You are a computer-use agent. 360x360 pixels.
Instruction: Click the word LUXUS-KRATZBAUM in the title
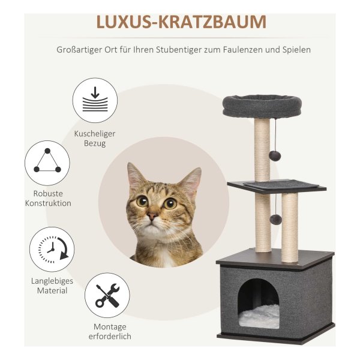pos(181,22)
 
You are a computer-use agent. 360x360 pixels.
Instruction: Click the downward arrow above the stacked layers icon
pos(95,92)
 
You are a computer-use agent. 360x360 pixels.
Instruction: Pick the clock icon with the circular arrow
pos(53,250)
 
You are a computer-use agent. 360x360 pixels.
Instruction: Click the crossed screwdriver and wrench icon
pos(107,295)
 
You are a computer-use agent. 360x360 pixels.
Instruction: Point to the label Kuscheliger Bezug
pos(95,139)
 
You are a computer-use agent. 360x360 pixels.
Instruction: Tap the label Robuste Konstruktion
pos(48,199)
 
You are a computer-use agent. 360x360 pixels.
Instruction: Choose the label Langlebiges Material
pos(52,286)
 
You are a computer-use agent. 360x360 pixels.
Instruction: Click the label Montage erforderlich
pos(110,331)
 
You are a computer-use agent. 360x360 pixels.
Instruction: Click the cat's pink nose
pos(152,216)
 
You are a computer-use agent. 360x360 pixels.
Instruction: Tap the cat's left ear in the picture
pos(135,177)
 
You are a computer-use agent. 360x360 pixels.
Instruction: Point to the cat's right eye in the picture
pos(170,203)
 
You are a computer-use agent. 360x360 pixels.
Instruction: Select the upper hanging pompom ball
pos(275,155)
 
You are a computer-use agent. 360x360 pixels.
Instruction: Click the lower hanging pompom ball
pos(275,220)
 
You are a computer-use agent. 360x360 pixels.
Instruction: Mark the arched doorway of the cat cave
pos(258,303)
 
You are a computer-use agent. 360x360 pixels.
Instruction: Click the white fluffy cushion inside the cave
pos(259,317)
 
